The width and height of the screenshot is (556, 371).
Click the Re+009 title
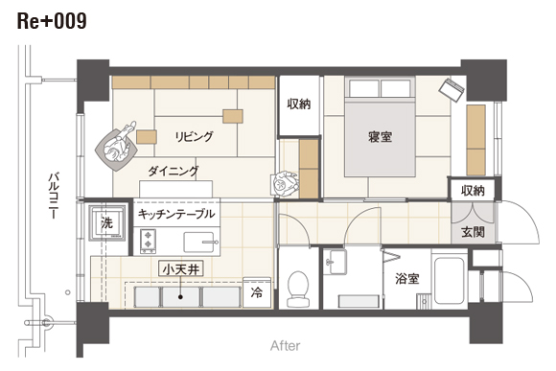(52, 22)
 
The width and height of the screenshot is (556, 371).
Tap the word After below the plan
(285, 345)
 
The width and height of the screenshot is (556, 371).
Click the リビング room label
(195, 136)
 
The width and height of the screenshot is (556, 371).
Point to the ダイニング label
(174, 172)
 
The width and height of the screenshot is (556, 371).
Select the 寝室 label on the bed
(380, 136)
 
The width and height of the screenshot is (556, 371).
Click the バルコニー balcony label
(54, 195)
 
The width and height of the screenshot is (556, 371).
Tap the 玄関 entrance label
(473, 232)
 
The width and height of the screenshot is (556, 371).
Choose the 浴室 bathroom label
(407, 278)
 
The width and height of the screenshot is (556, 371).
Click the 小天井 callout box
(181, 269)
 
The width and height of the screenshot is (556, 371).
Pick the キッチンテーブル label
(176, 214)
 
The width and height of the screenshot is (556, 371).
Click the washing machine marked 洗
(107, 222)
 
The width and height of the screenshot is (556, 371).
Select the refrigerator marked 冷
(257, 292)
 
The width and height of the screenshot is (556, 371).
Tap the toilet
(298, 290)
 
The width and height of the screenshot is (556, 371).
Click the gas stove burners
(148, 242)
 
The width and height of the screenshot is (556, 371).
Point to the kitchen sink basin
(199, 242)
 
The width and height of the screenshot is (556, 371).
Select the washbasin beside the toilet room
(336, 262)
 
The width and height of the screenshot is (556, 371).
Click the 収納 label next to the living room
(299, 104)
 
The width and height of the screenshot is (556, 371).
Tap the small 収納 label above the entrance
(473, 191)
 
